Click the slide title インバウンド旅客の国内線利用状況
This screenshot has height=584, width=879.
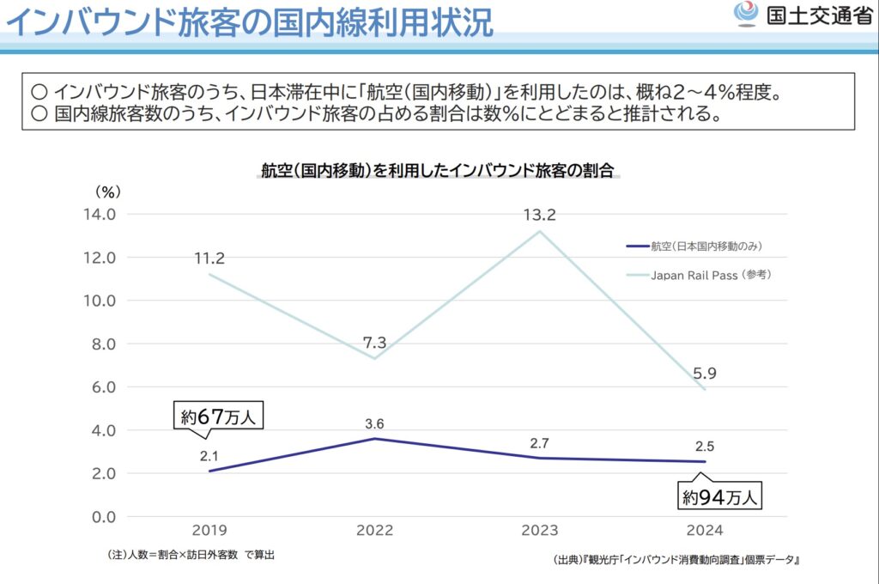pyautogui.click(x=249, y=23)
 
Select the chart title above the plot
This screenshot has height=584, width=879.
pyautogui.click(x=439, y=170)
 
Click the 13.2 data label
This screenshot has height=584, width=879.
pyautogui.click(x=539, y=215)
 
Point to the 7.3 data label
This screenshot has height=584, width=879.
pyautogui.click(x=374, y=342)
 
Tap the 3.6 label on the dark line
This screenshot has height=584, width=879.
pyautogui.click(x=374, y=423)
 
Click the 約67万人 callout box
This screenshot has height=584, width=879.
pyautogui.click(x=219, y=417)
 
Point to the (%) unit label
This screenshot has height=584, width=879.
pyautogui.click(x=108, y=190)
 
